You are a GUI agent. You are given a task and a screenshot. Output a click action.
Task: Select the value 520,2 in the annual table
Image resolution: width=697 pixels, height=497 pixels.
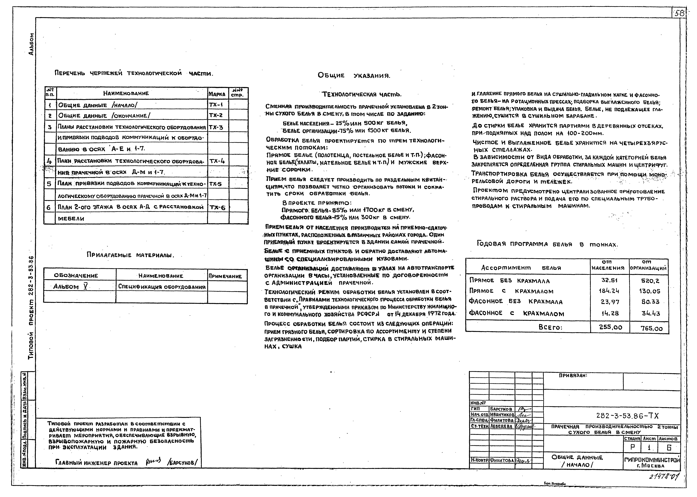(650, 281)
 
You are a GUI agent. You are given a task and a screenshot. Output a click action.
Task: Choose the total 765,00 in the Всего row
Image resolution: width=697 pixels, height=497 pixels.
(651, 328)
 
